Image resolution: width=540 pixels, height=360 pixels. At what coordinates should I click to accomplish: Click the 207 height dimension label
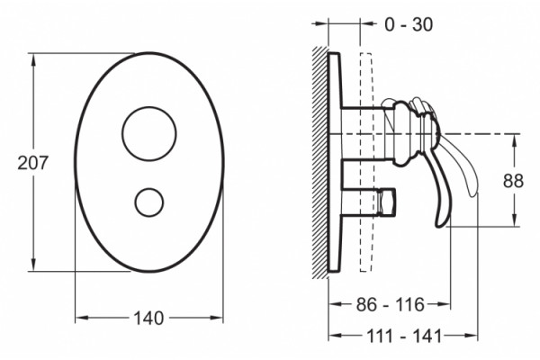pyautogui.click(x=33, y=163)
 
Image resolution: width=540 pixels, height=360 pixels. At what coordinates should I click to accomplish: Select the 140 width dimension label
pyautogui.click(x=148, y=319)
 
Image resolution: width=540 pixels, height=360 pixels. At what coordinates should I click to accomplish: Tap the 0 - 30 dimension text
pyautogui.click(x=409, y=25)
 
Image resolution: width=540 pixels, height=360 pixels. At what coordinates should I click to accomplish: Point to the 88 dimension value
pyautogui.click(x=513, y=181)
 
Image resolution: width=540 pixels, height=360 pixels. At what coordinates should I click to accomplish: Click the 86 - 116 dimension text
pyautogui.click(x=390, y=304)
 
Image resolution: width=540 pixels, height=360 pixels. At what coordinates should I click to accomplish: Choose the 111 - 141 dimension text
pyautogui.click(x=403, y=336)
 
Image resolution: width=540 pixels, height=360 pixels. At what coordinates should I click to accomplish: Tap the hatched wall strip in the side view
pyautogui.click(x=319, y=162)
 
